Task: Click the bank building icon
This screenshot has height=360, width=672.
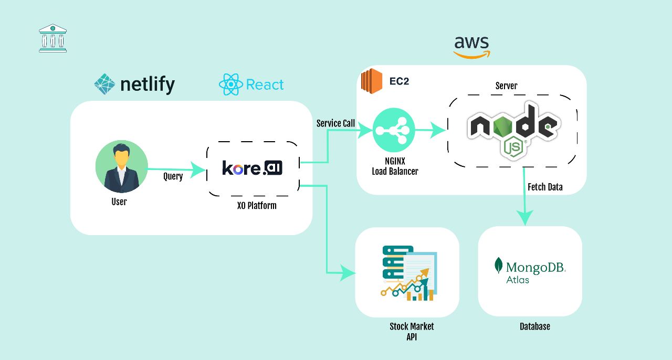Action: point(52,38)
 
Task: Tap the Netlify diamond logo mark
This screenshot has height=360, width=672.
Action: point(104,84)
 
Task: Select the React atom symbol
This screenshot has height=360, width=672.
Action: point(231,84)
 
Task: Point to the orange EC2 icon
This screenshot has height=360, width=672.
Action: point(371,81)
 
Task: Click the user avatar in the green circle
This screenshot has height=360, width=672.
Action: point(121,166)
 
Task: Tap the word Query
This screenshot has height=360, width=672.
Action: point(173,176)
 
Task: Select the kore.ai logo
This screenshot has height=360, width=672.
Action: point(253,168)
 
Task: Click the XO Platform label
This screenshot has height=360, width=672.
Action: point(257,205)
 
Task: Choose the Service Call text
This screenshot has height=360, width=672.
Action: point(335,123)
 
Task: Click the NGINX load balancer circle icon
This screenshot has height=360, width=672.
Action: point(393,131)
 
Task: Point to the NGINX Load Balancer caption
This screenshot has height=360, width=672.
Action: point(395,166)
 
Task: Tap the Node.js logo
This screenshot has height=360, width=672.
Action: point(513,130)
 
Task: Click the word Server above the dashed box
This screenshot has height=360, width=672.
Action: point(506,86)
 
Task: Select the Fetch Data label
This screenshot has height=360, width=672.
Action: point(545,187)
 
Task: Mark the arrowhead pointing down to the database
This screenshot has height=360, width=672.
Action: point(524,217)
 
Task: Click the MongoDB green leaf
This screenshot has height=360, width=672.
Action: point(499,265)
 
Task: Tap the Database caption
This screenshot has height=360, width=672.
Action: point(534,326)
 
